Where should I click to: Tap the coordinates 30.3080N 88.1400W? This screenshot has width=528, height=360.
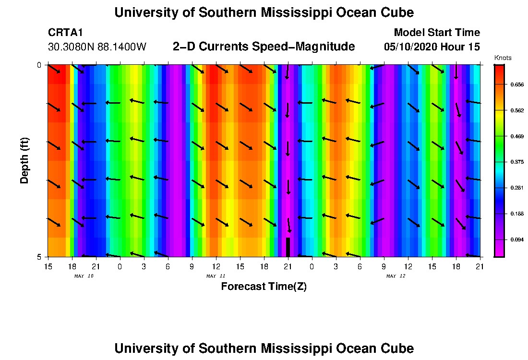coord(97,47)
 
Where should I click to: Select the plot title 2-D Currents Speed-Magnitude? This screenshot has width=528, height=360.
coord(264,47)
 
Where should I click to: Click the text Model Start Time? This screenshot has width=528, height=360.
coord(436,33)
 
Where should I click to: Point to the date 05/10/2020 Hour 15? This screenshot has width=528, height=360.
coord(432,47)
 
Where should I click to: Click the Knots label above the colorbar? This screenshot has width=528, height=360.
coord(503,58)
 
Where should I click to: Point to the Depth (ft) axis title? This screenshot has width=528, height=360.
coord(24,161)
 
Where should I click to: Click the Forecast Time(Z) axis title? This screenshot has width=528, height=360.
coord(264,287)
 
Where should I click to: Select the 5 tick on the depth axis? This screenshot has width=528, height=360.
coord(39,257)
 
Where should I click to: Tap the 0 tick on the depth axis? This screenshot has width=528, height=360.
coord(39,65)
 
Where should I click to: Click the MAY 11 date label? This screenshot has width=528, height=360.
coord(216,276)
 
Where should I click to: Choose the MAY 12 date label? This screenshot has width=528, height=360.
coord(396,276)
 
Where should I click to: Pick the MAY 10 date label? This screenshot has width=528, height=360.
coord(84,276)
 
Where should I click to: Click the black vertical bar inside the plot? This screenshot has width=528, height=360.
coord(288,247)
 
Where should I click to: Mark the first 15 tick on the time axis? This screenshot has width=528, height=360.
coord(48,266)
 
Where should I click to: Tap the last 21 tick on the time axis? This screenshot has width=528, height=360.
coord(480,266)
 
